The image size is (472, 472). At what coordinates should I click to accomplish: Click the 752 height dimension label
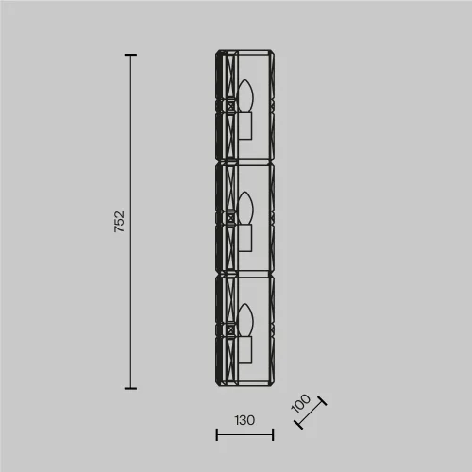click(x=119, y=221)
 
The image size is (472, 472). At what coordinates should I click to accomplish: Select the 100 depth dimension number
click(x=301, y=405)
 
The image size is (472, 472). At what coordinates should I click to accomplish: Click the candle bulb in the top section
click(x=248, y=97)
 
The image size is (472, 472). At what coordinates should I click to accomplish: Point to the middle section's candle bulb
click(x=248, y=207)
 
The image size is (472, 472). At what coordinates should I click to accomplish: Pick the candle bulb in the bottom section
click(x=248, y=318)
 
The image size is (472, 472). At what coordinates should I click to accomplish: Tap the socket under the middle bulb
click(x=246, y=237)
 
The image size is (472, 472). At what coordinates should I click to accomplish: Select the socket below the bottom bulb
click(x=246, y=348)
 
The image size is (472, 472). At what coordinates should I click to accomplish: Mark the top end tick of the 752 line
click(x=131, y=56)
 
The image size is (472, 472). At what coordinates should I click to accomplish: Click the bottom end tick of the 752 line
click(x=131, y=387)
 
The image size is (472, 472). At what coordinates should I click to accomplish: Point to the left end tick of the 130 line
click(x=217, y=435)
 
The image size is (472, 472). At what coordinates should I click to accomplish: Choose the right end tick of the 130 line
click(x=273, y=435)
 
